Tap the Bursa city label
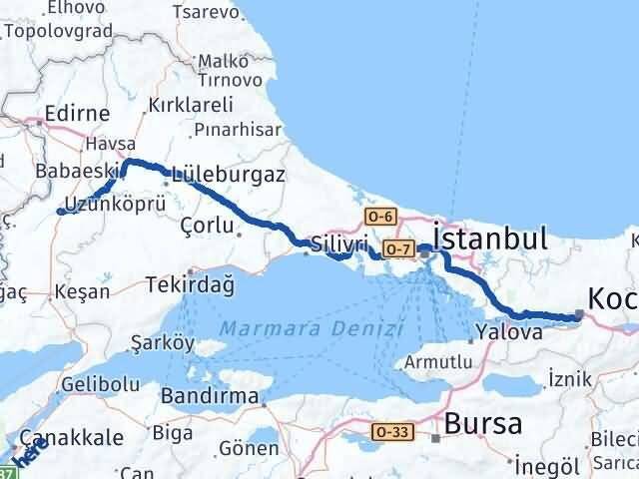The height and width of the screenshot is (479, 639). [483, 423]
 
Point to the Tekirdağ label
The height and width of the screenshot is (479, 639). [189, 284]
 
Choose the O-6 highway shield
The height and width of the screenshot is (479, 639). [381, 216]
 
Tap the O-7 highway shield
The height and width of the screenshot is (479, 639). [397, 248]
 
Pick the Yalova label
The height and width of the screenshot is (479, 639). [509, 333]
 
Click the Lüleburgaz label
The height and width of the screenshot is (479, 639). [229, 173]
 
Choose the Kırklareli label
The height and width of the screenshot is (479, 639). [190, 104]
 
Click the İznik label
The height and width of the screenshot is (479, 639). [570, 378]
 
